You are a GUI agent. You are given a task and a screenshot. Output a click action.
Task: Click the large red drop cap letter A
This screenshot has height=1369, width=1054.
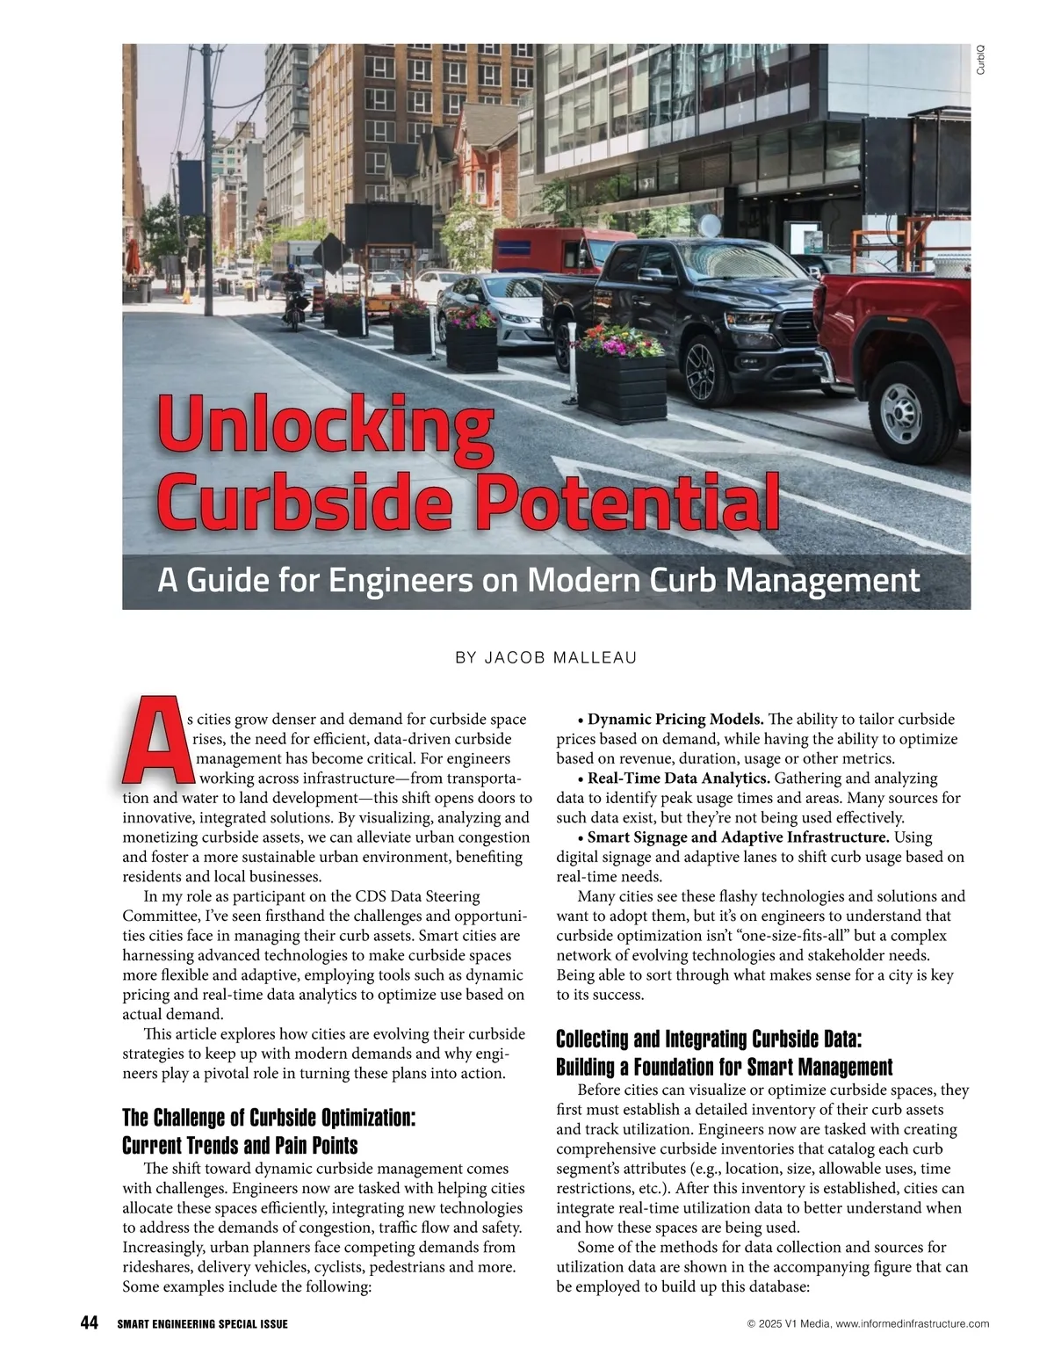click(156, 742)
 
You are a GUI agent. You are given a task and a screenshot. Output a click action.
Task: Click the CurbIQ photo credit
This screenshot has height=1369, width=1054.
click(980, 60)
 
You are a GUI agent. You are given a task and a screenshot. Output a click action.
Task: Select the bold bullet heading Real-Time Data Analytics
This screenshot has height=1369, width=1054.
click(678, 779)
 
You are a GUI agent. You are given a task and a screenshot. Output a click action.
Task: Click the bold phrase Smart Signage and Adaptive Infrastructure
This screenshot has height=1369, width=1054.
click(738, 837)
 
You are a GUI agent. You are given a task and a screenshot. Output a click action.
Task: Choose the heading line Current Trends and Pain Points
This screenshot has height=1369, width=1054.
click(240, 1146)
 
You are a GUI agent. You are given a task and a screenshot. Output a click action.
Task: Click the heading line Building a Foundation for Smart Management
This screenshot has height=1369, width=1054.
click(725, 1068)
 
